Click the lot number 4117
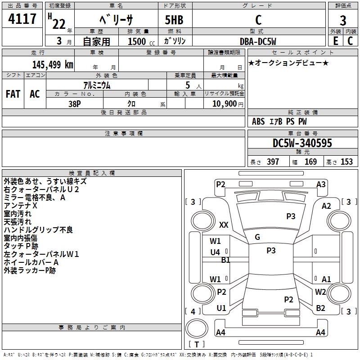[x=22, y=19]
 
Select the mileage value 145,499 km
[x=53, y=64]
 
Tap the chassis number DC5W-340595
[x=302, y=143]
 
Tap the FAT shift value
[x=13, y=94]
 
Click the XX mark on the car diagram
[x=224, y=225]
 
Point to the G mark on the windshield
[x=257, y=237]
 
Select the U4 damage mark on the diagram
[x=215, y=252]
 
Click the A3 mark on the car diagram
[x=321, y=184]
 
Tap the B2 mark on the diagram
[x=320, y=308]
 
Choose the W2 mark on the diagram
[x=320, y=292]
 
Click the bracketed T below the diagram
[x=197, y=344]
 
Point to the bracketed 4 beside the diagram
[x=193, y=311]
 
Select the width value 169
[x=310, y=162]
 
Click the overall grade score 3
[x=343, y=20]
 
